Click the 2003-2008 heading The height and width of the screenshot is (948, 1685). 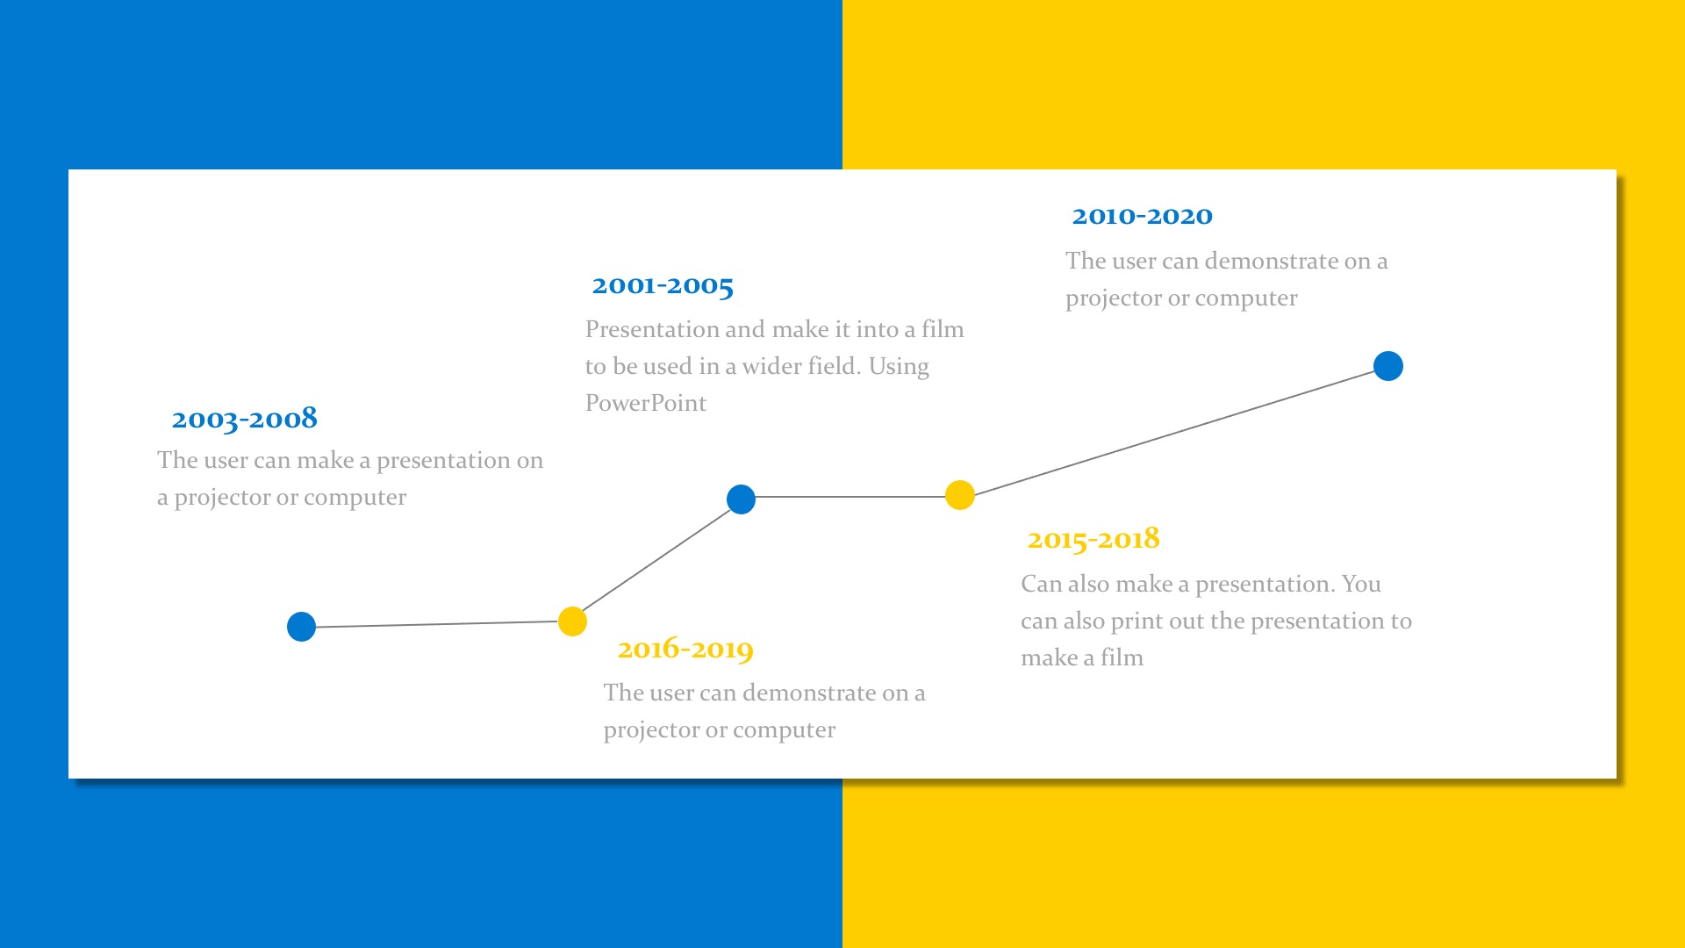(244, 419)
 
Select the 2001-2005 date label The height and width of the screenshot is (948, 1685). (663, 285)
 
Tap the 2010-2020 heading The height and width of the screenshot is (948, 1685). (1142, 216)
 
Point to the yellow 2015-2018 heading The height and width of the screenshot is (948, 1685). (1093, 539)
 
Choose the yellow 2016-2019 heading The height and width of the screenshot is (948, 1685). (685, 650)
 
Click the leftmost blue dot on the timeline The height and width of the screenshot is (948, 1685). (301, 627)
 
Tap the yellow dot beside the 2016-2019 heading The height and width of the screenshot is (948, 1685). (572, 621)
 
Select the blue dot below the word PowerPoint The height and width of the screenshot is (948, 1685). (741, 499)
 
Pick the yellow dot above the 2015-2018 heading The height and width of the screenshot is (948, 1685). (960, 495)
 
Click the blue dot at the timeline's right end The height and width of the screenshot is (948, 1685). (1388, 366)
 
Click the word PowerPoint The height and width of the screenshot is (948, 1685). (646, 403)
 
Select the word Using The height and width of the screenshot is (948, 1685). (899, 367)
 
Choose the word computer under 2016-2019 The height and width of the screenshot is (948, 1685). (785, 730)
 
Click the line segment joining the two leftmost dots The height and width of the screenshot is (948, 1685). (436, 624)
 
